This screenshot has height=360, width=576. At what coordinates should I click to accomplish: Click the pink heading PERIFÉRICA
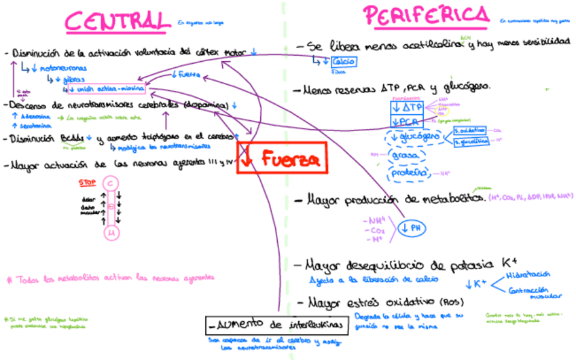tap(426, 15)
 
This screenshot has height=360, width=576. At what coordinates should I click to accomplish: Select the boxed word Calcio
tap(343, 62)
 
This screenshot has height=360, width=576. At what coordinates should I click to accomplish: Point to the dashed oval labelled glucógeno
tap(417, 137)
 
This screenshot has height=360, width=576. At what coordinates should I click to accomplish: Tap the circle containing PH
tap(414, 228)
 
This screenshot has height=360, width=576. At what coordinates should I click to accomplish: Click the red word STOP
tap(87, 182)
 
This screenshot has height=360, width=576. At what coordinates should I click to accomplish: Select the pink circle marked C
tap(111, 183)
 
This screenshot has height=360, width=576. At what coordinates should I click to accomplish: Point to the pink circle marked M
tap(111, 234)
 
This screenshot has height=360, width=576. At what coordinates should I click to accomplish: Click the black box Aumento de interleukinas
tap(278, 325)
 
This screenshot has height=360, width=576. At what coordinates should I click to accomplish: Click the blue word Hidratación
tap(528, 274)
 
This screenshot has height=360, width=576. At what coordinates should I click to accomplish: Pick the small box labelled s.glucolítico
tap(471, 141)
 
